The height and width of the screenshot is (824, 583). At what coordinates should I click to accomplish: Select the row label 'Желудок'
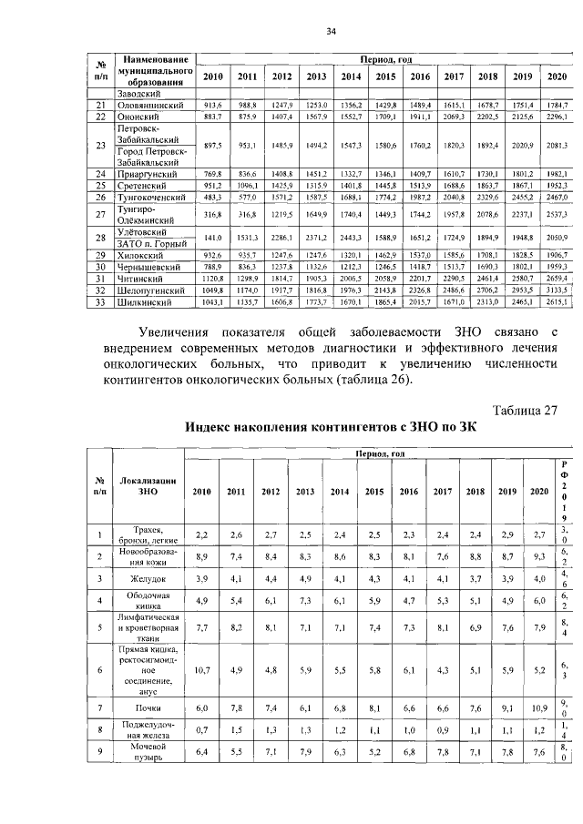(147, 577)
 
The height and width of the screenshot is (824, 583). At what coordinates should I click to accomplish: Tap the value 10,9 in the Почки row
(539, 707)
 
